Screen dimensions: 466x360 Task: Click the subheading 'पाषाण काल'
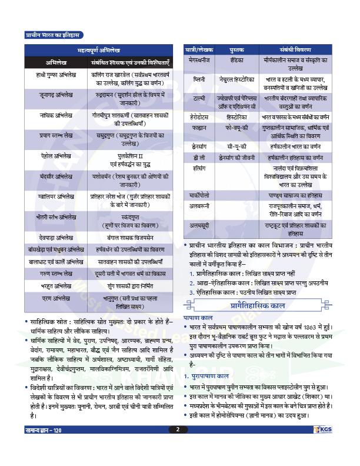[x=196, y=301]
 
